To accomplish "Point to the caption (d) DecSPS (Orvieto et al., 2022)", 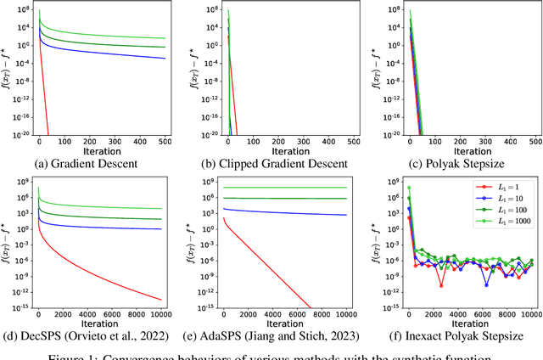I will pos(95,329).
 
